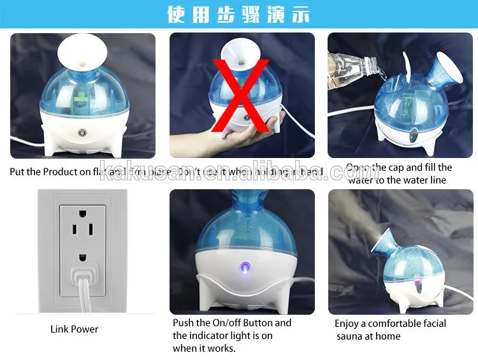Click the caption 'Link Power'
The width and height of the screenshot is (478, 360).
(75, 329)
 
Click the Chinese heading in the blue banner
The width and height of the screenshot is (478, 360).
(238, 14)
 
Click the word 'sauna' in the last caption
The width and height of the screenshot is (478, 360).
(351, 336)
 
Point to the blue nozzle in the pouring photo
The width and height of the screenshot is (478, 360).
(444, 69)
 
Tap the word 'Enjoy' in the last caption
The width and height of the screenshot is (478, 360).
(348, 324)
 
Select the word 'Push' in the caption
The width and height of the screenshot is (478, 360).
(184, 323)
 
